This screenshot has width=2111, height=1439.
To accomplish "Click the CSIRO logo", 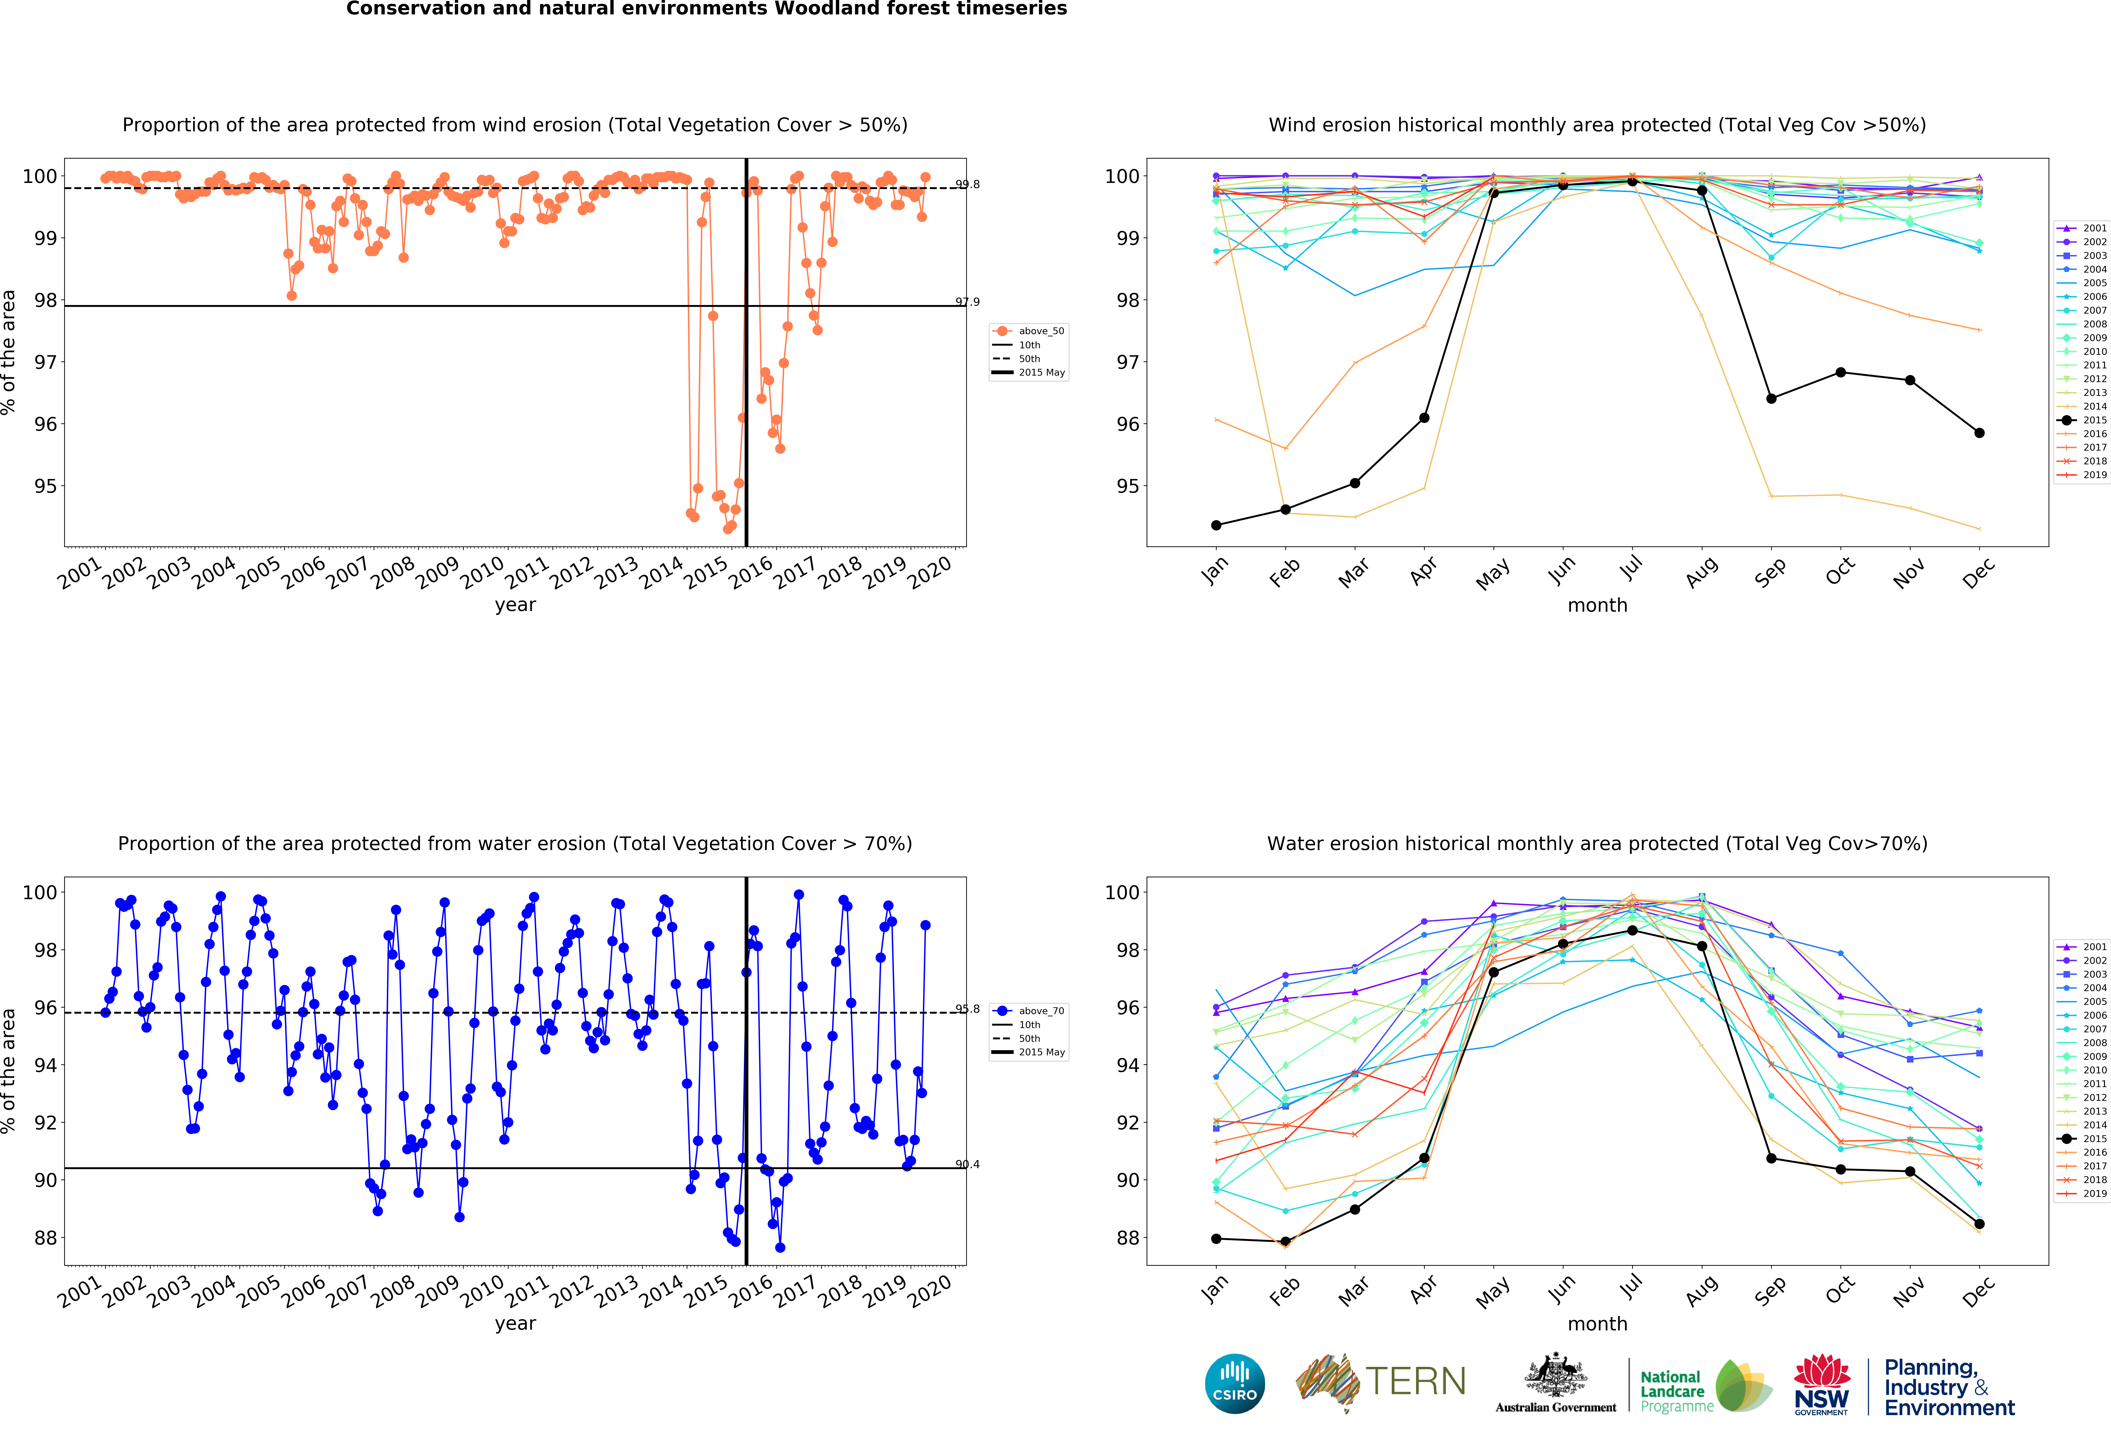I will click(x=1234, y=1384).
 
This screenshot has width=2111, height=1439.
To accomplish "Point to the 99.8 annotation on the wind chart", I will click(x=967, y=185).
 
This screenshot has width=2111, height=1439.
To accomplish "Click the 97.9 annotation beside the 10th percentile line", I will click(x=967, y=302).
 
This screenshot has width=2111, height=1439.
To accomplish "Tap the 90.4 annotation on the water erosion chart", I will click(x=967, y=1164).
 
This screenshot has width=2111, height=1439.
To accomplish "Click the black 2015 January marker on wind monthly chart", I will click(x=1216, y=525).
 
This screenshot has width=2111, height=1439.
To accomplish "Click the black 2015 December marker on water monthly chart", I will click(x=1979, y=1224).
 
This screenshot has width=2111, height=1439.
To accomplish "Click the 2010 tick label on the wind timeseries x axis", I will click(x=482, y=572).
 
